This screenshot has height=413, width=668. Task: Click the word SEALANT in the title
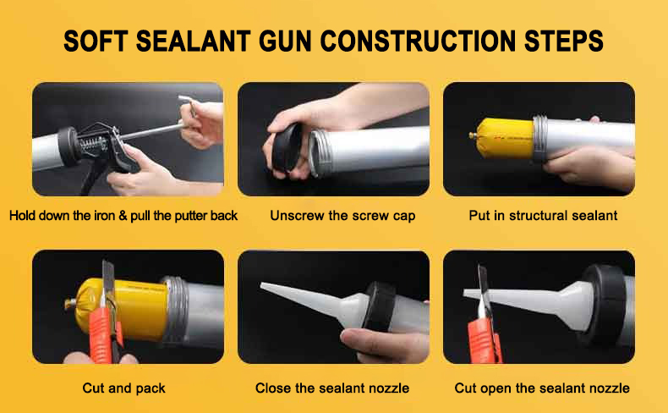coord(194,41)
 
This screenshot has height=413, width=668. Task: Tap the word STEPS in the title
coord(564,41)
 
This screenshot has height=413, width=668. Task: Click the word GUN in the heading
coord(285,41)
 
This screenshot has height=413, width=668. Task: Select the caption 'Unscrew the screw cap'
coord(342,216)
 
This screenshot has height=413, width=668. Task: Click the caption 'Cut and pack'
coord(124,388)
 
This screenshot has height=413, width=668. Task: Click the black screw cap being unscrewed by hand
coord(287,147)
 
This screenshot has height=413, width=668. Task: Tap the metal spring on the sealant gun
coord(92,145)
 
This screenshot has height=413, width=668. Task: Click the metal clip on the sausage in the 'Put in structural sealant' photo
coord(473,136)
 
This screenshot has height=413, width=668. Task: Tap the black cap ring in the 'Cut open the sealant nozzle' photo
coord(605,305)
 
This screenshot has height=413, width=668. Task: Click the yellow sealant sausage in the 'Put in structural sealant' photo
coord(505,138)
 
